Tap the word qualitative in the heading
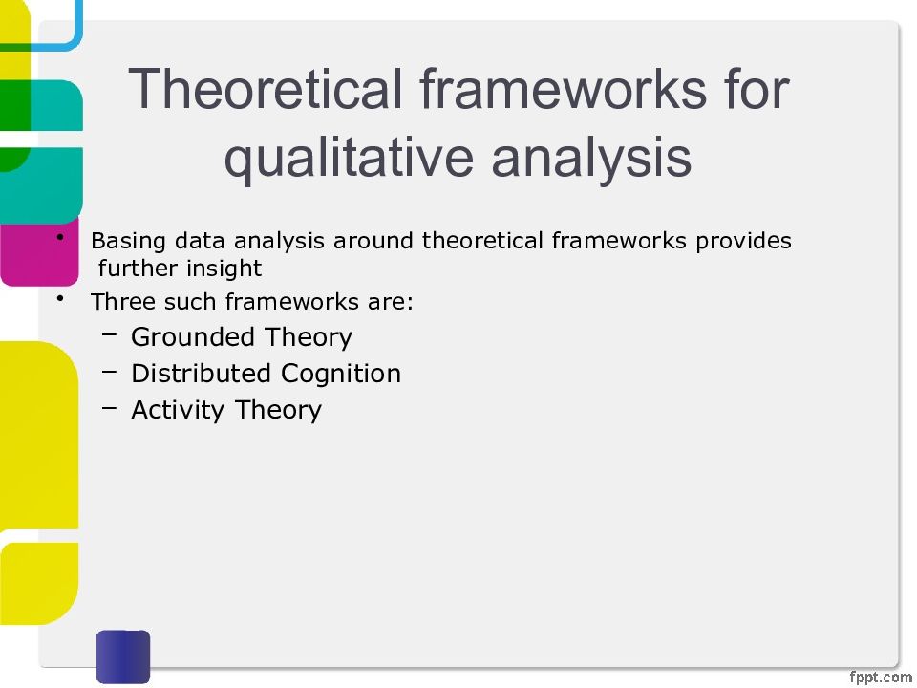(x=349, y=158)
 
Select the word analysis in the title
(x=592, y=158)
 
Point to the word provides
(x=743, y=241)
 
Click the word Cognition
(x=341, y=374)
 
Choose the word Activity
(x=178, y=410)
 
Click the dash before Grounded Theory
(x=109, y=334)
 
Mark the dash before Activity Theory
(x=109, y=407)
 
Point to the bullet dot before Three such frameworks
(x=60, y=298)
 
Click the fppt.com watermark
(x=880, y=677)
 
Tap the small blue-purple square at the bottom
(x=123, y=656)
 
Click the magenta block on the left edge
(x=40, y=251)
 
